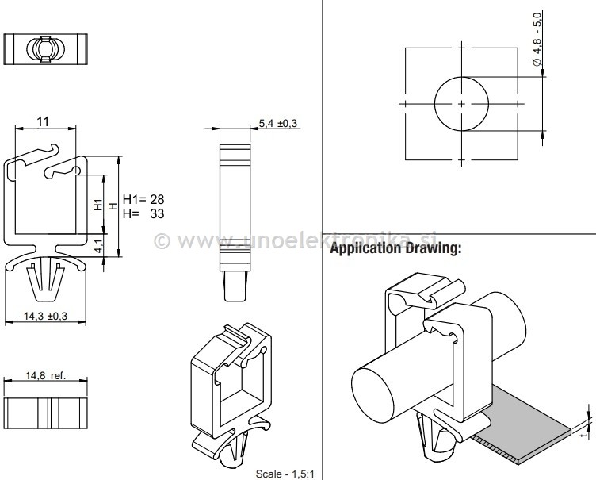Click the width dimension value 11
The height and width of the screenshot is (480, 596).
[44, 121]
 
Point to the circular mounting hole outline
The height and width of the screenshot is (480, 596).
[461, 105]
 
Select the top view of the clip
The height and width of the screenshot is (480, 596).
[44, 48]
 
